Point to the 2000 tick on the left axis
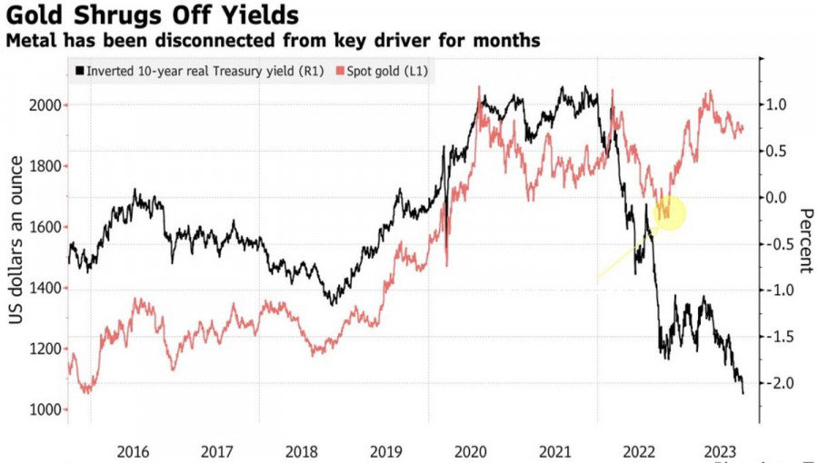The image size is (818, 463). click(x=46, y=105)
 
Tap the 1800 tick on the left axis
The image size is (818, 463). click(x=46, y=166)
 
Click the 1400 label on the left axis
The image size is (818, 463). click(x=46, y=289)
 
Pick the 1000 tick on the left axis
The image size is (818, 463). click(x=46, y=410)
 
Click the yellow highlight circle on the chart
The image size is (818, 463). click(x=669, y=212)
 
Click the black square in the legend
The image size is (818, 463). click(x=80, y=70)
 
